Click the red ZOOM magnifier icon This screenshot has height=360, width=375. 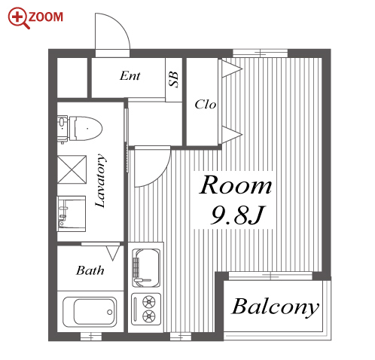coord(18,17)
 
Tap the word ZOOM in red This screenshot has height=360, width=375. coord(45,17)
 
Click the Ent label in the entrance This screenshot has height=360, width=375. coord(130,75)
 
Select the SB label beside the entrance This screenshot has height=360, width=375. coord(174,79)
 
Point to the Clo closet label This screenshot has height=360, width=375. coord(206,104)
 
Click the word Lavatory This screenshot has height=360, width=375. coord(100,181)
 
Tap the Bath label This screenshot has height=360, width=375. coord(90,270)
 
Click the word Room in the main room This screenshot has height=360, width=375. coord(236,185)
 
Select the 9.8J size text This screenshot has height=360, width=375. coord(237,215)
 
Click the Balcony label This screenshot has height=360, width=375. coord(275,307)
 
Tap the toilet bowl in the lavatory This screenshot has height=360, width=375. coord(86,128)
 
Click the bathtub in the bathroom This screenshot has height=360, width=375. coord(90,312)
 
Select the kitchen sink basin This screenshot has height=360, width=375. coord(145,268)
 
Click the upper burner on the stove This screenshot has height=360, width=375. coord(149,301)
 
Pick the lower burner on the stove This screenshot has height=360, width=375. coord(149,316)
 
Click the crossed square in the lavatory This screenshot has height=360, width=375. coord(72,169)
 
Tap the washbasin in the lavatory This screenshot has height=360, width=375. coord(72,214)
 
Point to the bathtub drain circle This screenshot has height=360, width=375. coord(109,312)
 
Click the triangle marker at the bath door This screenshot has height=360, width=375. coord(113,253)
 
